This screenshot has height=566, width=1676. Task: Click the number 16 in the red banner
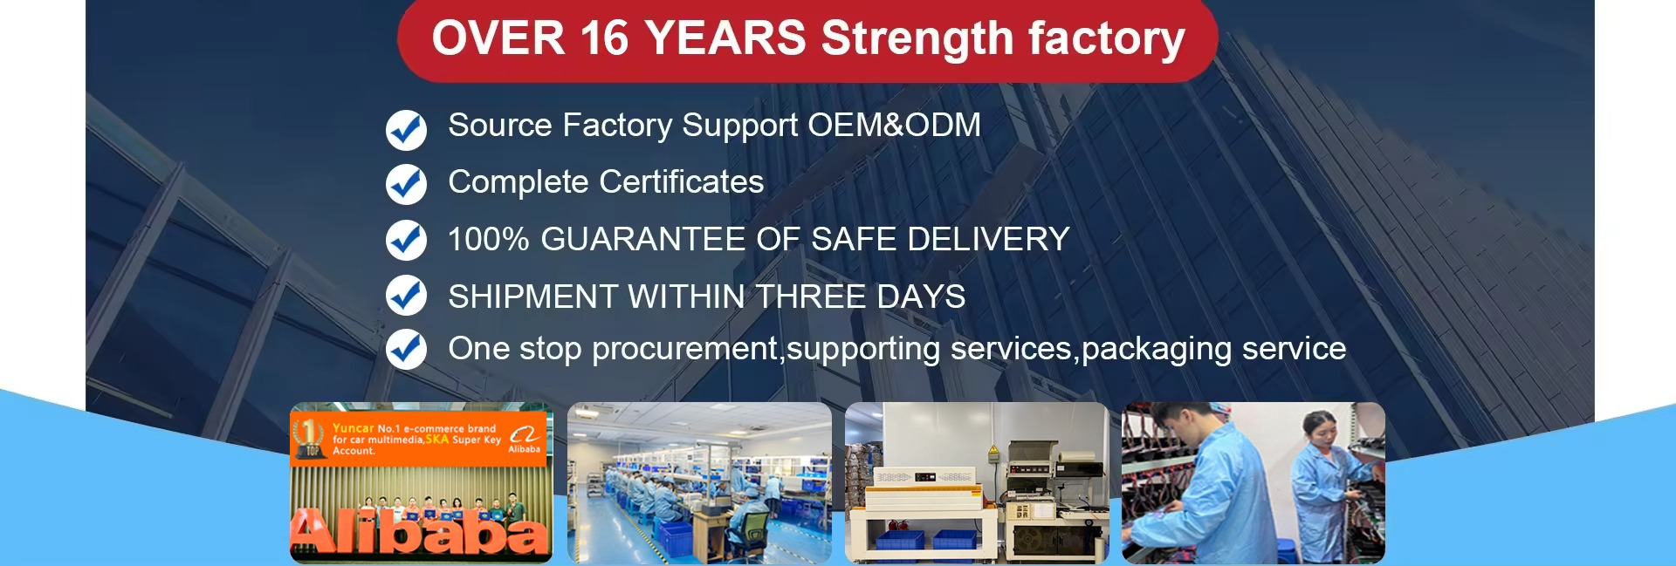pyautogui.click(x=603, y=39)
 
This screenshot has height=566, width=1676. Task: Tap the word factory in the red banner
pyautogui.click(x=1106, y=40)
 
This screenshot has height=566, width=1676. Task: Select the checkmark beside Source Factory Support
pyautogui.click(x=406, y=130)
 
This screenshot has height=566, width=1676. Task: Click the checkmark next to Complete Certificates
pyautogui.click(x=406, y=184)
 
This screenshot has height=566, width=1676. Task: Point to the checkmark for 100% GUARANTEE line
pyautogui.click(x=406, y=240)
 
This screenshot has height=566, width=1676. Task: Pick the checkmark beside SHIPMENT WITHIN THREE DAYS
pyautogui.click(x=406, y=295)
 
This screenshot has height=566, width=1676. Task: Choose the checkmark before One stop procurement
pyautogui.click(x=406, y=349)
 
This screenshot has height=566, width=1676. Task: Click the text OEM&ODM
pyautogui.click(x=895, y=126)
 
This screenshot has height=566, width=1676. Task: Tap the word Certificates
pyautogui.click(x=682, y=182)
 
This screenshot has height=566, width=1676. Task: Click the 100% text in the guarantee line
pyautogui.click(x=489, y=239)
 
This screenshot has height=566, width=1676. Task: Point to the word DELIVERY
pyautogui.click(x=989, y=239)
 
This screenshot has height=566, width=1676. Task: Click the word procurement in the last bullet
pyautogui.click(x=685, y=350)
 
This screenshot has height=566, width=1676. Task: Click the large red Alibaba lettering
pyautogui.click(x=420, y=532)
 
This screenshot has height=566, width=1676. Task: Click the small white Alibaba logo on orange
pyautogui.click(x=524, y=439)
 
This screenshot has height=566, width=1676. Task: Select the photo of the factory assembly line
pyautogui.click(x=699, y=482)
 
